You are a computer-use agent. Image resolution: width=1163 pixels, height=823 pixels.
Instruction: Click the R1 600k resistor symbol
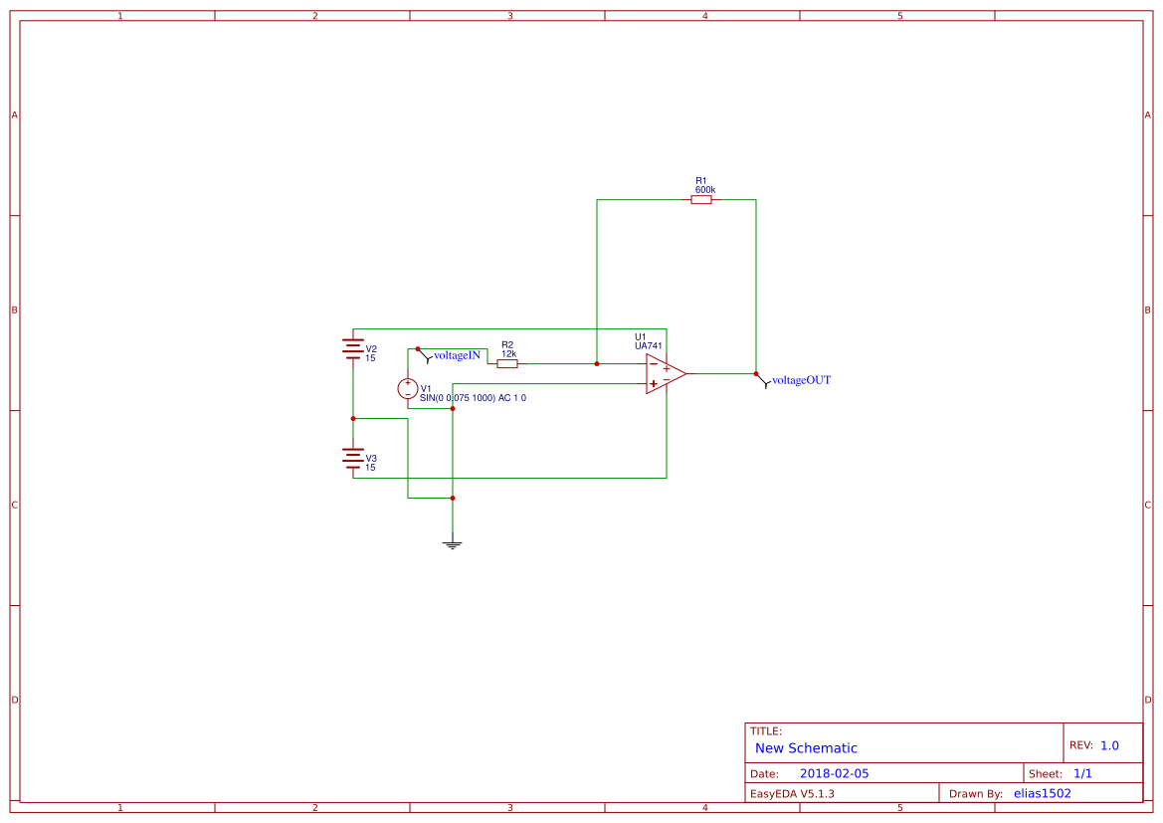(x=701, y=200)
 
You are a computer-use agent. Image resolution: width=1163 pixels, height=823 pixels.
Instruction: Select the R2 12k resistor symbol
(x=507, y=364)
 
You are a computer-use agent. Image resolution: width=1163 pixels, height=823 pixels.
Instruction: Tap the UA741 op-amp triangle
(x=665, y=374)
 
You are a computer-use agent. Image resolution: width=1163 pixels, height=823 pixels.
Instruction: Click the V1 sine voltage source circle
(x=408, y=388)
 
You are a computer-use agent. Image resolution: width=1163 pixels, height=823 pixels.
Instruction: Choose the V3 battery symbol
(x=353, y=458)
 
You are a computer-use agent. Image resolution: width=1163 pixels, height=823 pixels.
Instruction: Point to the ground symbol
(x=453, y=543)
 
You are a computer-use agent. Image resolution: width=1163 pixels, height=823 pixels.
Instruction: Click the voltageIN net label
(x=457, y=355)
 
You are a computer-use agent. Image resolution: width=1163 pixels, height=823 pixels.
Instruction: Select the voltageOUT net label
(x=801, y=380)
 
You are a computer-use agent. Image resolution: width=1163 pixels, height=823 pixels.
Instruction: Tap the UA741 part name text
(x=649, y=346)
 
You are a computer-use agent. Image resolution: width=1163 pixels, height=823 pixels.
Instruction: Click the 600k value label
(x=705, y=189)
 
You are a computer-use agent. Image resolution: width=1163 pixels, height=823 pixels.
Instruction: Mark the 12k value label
(x=508, y=353)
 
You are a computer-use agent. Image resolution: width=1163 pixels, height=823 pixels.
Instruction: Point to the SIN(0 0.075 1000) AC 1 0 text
(x=473, y=398)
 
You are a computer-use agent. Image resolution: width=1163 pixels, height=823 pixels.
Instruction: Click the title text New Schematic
(x=806, y=748)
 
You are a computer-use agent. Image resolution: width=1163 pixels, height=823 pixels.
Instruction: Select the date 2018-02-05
(x=834, y=773)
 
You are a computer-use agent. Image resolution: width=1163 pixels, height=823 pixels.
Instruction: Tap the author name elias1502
(x=1043, y=793)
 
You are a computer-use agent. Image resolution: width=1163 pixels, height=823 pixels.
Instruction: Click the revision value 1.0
(x=1109, y=745)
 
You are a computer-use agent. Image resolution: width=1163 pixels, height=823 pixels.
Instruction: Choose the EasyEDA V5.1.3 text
(x=792, y=793)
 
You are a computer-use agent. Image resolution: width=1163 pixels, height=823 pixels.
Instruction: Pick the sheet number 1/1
(x=1082, y=773)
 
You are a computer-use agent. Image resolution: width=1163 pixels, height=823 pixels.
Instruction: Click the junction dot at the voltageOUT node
(x=756, y=374)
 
